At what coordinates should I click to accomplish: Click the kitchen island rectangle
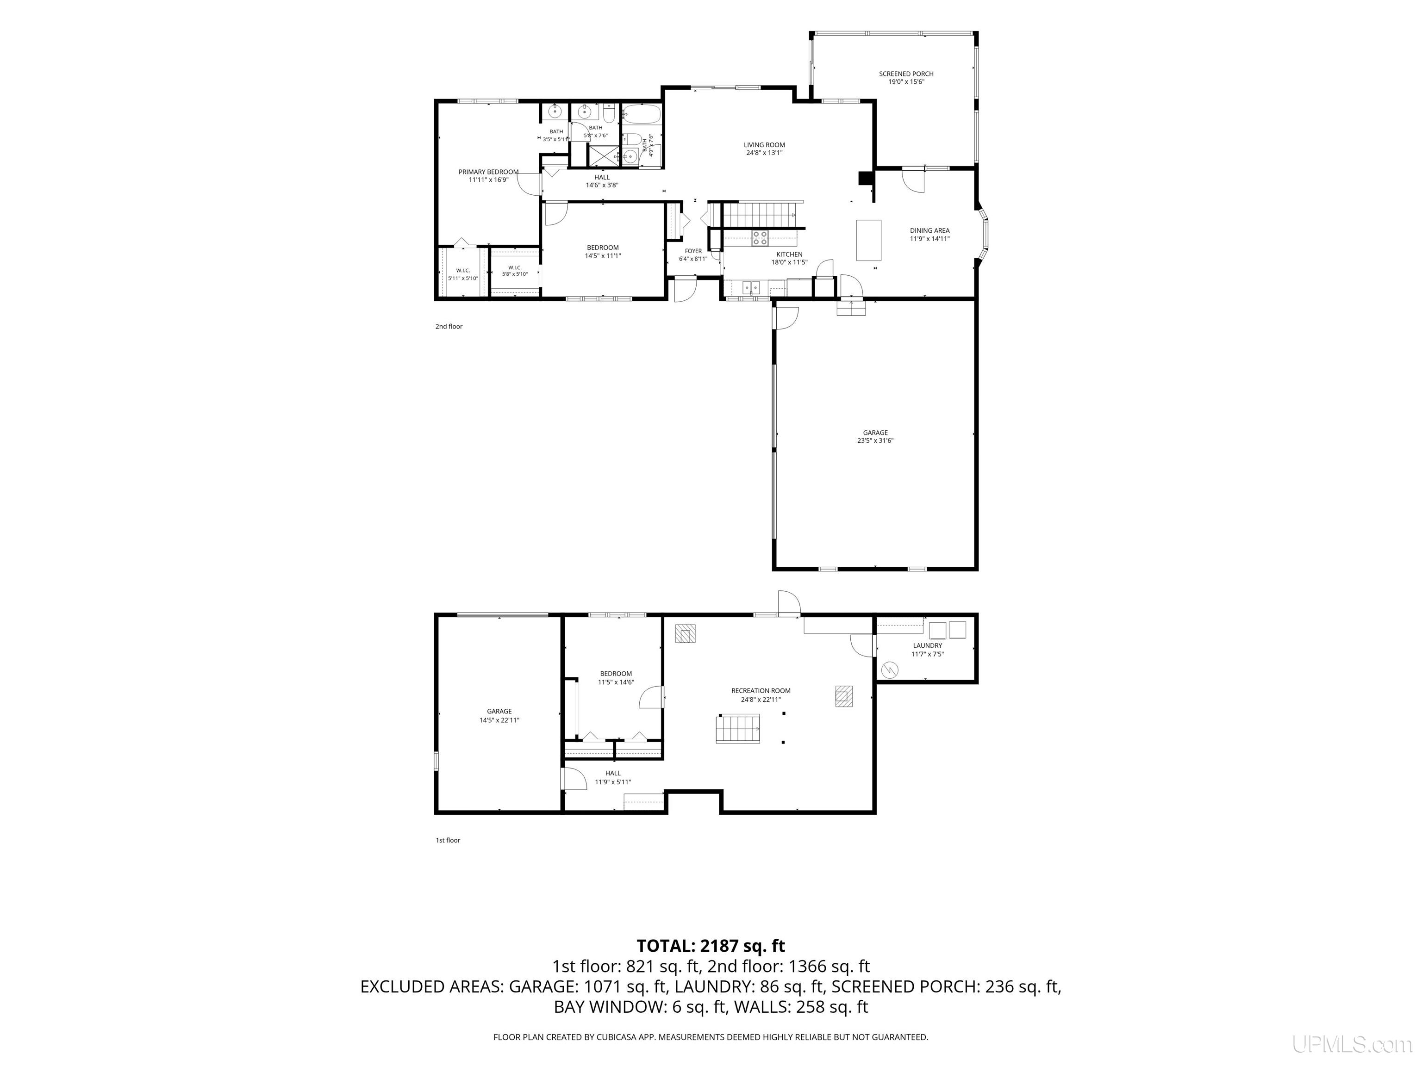[868, 240]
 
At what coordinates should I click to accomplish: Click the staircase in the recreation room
[738, 729]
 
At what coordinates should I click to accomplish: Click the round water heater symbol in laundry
[890, 669]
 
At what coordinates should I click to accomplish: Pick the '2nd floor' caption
[449, 327]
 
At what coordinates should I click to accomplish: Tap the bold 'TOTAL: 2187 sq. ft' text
[711, 946]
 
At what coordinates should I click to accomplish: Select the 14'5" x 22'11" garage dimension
[499, 720]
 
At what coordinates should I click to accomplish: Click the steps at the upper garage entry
[851, 309]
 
